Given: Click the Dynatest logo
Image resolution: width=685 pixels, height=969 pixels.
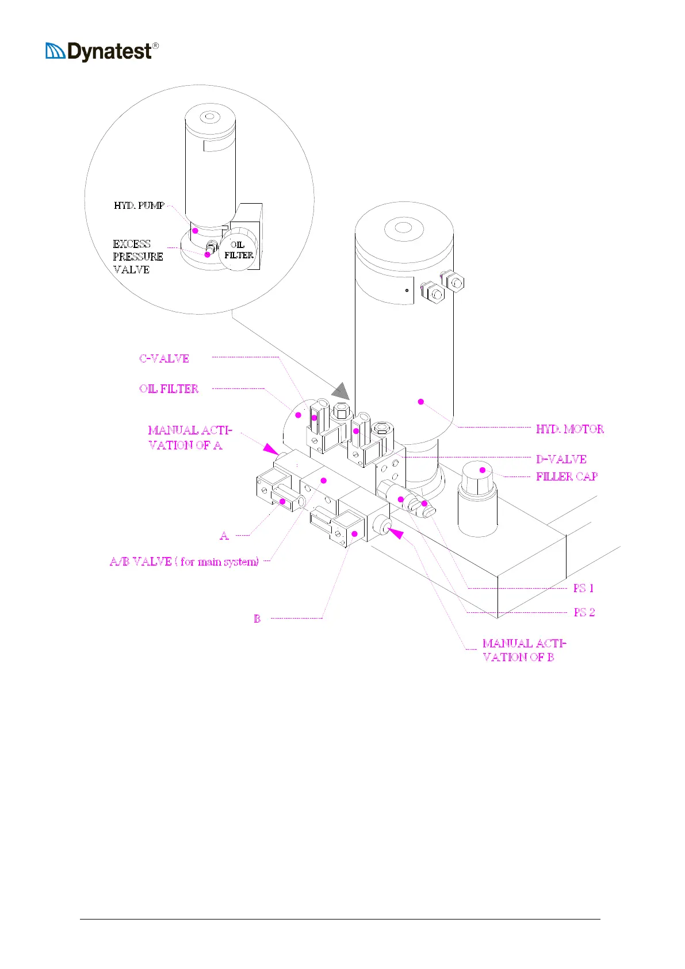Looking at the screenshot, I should click(102, 52).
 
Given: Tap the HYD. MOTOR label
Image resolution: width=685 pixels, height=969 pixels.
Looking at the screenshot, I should click(569, 429).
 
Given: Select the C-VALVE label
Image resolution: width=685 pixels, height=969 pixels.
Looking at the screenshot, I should click(164, 358).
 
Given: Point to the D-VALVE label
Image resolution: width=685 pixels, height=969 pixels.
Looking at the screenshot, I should click(561, 459).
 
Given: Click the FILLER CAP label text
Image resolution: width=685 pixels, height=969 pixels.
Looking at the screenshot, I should click(567, 476).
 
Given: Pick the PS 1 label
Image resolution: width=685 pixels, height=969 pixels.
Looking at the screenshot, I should click(583, 588).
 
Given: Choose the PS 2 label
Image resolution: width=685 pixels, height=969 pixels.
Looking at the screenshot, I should click(584, 612).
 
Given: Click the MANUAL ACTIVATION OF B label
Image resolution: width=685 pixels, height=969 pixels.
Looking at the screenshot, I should click(523, 650).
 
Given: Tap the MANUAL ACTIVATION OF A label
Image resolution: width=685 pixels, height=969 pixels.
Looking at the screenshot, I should click(190, 437).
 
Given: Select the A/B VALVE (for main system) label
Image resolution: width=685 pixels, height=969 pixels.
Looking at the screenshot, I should click(184, 562).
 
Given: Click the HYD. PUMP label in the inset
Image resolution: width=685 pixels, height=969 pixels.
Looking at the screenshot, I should click(139, 205).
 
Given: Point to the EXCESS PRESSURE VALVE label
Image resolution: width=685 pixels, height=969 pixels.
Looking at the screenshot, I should click(137, 257).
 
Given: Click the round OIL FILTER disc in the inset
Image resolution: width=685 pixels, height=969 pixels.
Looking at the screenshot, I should click(239, 250).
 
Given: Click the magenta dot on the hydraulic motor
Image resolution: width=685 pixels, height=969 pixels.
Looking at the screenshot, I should click(420, 401).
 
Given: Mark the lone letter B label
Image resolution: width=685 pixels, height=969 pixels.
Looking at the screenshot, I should click(257, 619).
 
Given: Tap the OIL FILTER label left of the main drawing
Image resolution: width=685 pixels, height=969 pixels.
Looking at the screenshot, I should click(169, 389).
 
